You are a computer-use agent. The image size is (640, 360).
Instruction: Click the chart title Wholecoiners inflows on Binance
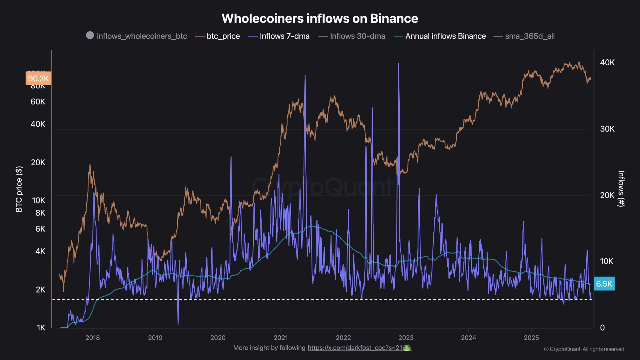[x=320, y=18]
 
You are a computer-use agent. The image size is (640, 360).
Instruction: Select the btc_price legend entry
[x=223, y=36]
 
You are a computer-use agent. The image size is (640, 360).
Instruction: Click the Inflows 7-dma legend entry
[x=284, y=36]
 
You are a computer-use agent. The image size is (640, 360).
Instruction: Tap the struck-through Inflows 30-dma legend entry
[x=357, y=36]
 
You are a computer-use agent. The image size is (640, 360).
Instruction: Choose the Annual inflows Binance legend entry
[x=445, y=36]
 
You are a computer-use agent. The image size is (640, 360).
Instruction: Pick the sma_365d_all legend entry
[x=530, y=36]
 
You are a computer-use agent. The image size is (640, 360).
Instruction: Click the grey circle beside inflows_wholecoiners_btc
[x=90, y=35]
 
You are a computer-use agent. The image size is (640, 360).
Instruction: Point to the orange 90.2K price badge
[x=38, y=78]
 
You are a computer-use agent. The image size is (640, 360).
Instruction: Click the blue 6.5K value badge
[x=604, y=284]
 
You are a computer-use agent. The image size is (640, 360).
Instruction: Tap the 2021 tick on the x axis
[x=281, y=338]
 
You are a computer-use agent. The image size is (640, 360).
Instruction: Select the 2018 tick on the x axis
[x=92, y=338]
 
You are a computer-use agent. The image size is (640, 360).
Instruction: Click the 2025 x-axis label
[x=531, y=338]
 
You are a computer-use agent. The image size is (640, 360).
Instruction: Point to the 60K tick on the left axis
[x=38, y=102]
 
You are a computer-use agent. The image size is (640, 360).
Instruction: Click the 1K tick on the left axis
[x=41, y=328]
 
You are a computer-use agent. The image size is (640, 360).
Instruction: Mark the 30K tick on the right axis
[x=607, y=129]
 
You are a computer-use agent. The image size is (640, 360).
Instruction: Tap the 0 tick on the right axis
[x=602, y=328]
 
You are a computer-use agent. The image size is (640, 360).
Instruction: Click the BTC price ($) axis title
[x=19, y=189]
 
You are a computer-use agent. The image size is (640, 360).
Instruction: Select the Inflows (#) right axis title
[x=621, y=189]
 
